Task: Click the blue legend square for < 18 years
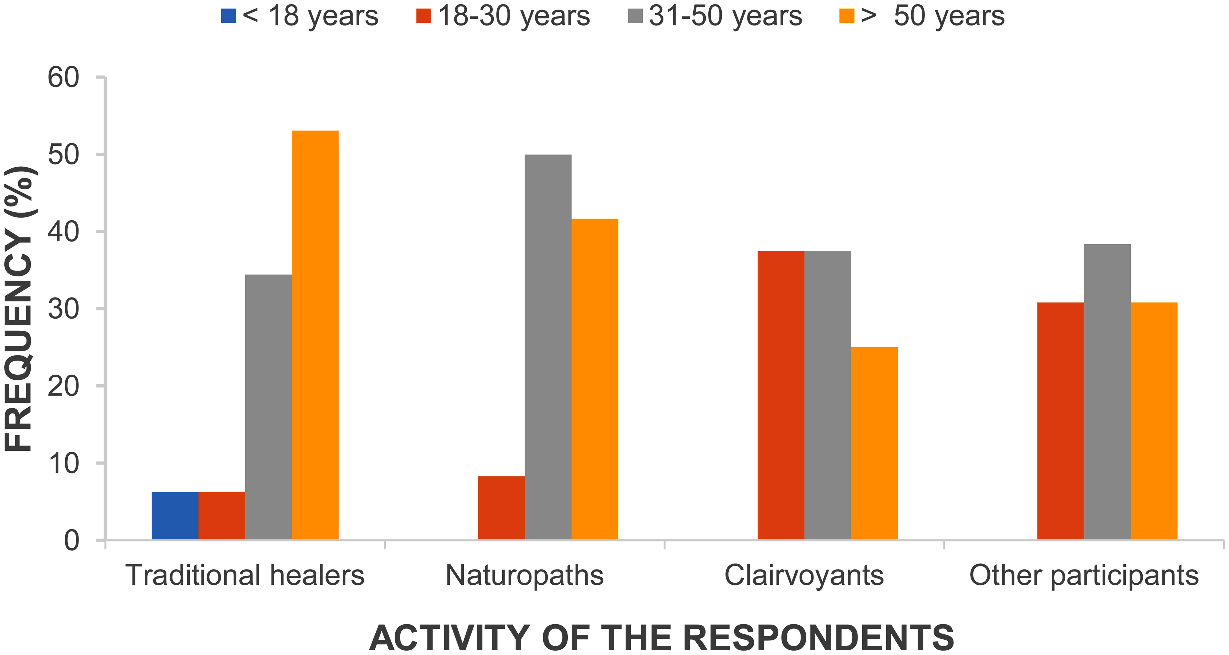228,16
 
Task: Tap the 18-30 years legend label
514,16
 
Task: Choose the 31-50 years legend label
725,16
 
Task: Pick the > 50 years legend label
933,16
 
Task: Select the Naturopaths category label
524,575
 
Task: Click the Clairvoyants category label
804,575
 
